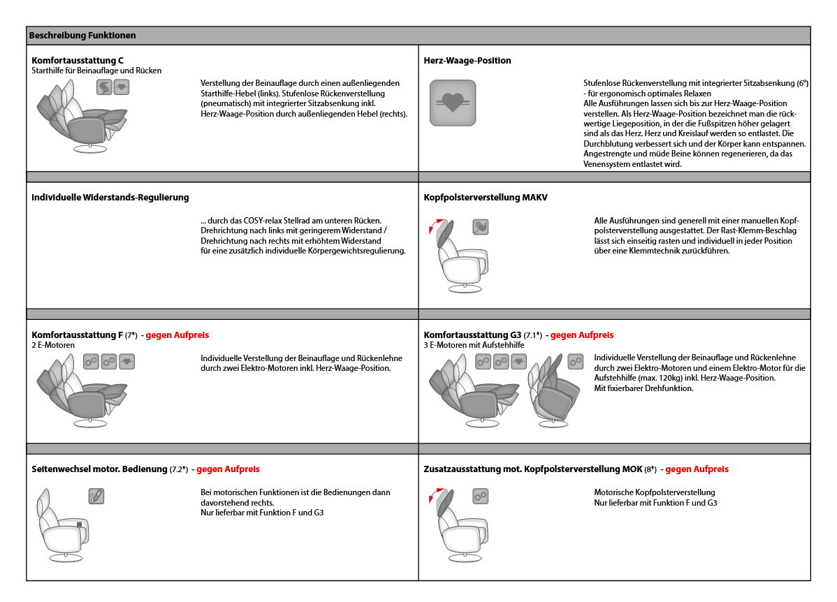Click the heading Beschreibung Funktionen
click(82, 35)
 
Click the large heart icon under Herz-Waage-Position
click(452, 103)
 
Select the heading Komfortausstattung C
click(78, 61)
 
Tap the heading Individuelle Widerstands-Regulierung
click(110, 198)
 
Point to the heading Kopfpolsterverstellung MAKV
click(485, 198)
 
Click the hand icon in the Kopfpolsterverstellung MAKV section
click(480, 226)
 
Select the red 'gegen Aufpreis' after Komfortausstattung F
click(177, 335)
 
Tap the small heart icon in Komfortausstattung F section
click(126, 361)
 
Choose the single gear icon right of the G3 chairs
click(575, 361)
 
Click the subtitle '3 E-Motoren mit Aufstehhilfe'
click(474, 345)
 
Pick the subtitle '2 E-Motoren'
click(53, 345)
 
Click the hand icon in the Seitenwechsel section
click(96, 496)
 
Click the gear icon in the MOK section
click(480, 496)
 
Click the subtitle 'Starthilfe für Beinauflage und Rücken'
click(96, 71)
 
